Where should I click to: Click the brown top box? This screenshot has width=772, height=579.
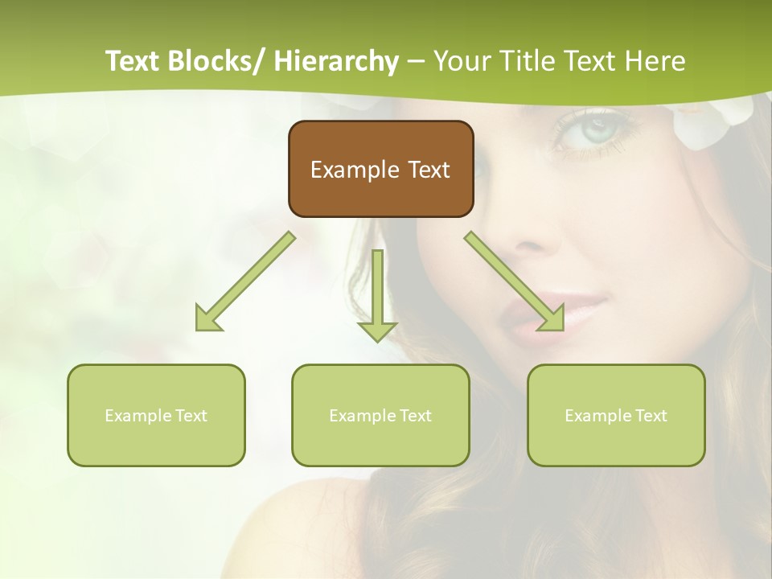click(380, 169)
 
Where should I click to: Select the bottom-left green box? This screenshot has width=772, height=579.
click(156, 415)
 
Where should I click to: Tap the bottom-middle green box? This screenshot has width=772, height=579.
click(380, 415)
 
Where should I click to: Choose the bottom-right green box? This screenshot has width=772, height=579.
click(616, 415)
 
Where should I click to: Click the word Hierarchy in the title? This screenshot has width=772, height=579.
click(336, 61)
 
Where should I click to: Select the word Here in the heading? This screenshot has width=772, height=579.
click(657, 61)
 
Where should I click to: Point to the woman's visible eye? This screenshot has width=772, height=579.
click(593, 129)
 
